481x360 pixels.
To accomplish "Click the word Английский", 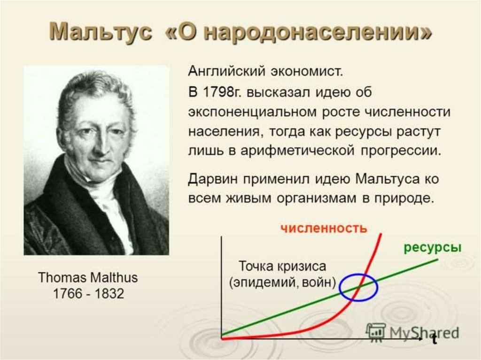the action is click(226, 72).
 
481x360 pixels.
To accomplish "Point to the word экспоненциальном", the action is click(252, 112).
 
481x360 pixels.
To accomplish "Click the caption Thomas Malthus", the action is click(88, 277).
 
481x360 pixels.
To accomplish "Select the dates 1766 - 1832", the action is click(88, 294).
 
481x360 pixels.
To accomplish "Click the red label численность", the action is click(324, 229).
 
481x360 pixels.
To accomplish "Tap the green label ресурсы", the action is click(433, 247).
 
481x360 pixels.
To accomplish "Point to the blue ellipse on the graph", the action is click(340, 287).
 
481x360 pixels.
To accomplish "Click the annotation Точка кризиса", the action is click(282, 266).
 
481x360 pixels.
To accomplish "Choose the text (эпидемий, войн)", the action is click(282, 282).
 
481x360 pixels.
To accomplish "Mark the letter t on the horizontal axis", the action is click(434, 340).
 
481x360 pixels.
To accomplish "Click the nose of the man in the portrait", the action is click(101, 144).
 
